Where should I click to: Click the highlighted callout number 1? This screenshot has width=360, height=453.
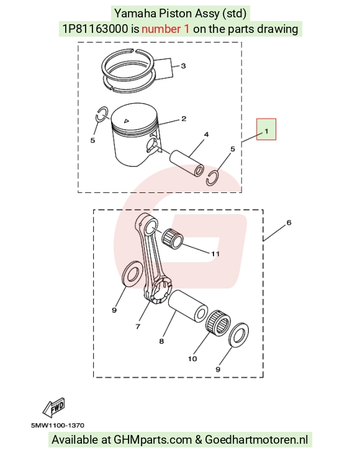click(266, 131)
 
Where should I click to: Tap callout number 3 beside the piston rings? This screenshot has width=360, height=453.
click(183, 66)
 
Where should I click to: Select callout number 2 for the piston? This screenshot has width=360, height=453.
click(184, 119)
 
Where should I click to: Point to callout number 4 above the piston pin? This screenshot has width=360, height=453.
click(206, 134)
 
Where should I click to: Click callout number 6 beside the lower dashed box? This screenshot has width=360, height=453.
click(289, 222)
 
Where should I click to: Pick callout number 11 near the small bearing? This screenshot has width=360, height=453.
click(215, 254)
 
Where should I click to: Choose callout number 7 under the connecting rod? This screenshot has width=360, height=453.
click(138, 326)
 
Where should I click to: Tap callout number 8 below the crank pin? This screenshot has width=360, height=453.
click(161, 341)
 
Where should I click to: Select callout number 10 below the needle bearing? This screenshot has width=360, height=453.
click(192, 359)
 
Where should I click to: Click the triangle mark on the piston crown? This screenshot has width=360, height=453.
click(126, 121)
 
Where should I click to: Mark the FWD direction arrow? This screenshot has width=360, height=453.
click(54, 407)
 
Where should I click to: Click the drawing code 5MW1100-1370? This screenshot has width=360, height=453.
click(58, 425)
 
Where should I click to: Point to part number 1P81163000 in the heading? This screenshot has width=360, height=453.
click(96, 29)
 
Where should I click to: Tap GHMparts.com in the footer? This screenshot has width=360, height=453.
click(153, 440)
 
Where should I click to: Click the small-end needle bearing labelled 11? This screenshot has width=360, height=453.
click(172, 239)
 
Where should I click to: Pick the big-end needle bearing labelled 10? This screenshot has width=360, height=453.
click(218, 323)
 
